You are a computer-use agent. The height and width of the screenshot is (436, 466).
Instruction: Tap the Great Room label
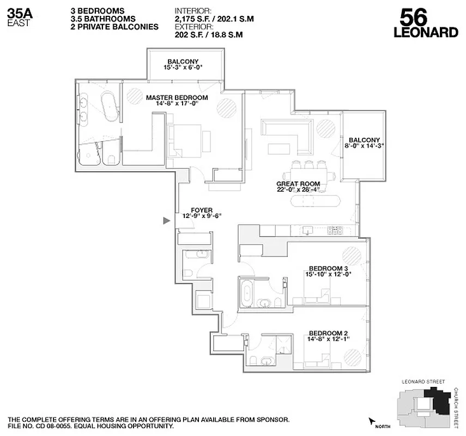pyautogui.click(x=298, y=184)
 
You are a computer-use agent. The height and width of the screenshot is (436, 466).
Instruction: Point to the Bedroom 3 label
pyautogui.click(x=328, y=268)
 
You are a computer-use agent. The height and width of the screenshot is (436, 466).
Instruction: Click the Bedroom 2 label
pyautogui.click(x=328, y=334)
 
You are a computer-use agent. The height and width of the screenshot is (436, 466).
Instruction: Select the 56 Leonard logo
pyautogui.click(x=425, y=23)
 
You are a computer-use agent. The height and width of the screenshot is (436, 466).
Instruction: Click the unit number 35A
pyautogui.click(x=20, y=13)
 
